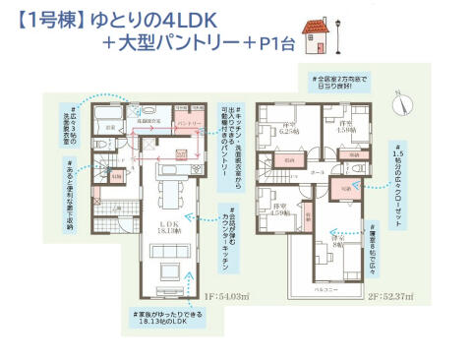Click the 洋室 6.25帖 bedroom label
[x=290, y=129]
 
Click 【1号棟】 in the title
[x=46, y=19]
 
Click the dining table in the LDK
[x=167, y=189]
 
